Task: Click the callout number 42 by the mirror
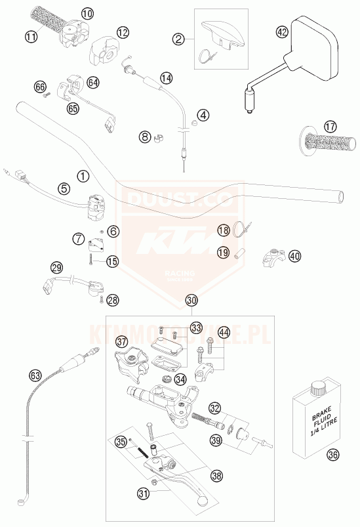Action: tap(282, 32)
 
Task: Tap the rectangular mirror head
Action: tap(315, 41)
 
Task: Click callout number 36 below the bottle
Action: tap(333, 453)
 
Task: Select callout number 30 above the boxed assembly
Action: tap(191, 301)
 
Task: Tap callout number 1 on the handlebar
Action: tap(83, 176)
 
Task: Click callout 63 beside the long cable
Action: tap(35, 375)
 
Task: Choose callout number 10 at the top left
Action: tap(87, 13)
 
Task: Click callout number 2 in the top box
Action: tap(178, 39)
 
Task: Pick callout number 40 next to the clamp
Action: tap(294, 256)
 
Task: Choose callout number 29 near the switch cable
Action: tap(57, 267)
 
